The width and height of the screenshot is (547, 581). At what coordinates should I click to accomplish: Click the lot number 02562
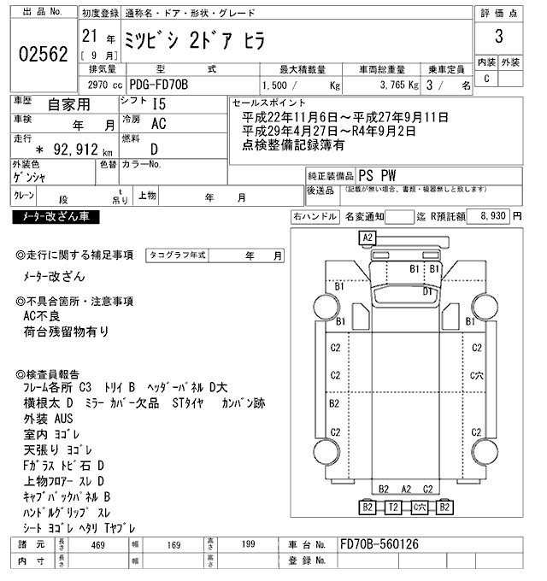coord(43,55)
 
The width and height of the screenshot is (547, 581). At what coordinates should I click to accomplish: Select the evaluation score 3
coord(497,37)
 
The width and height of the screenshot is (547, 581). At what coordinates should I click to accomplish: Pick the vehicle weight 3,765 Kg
coord(388,85)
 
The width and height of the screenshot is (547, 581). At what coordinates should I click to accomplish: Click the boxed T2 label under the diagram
coord(393,508)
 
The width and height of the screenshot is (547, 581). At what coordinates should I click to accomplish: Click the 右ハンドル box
coord(315,217)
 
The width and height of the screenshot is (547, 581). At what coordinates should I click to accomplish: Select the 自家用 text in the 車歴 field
coord(68,106)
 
